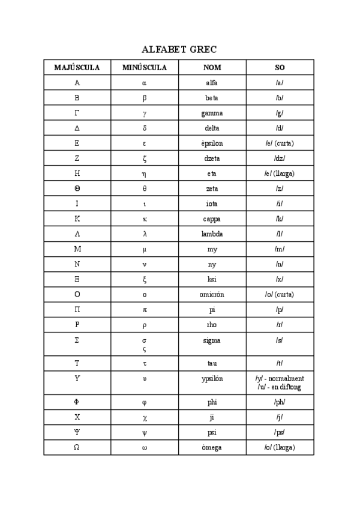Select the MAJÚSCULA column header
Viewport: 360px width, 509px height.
tap(77, 68)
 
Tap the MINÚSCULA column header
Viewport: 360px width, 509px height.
tap(145, 68)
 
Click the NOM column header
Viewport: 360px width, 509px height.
tap(212, 68)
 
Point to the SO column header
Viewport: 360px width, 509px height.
tap(280, 68)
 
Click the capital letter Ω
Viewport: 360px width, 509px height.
tap(77, 448)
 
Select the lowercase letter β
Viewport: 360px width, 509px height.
tap(145, 98)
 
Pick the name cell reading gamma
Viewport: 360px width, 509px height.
tap(212, 113)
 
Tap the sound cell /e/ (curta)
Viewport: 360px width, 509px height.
tap(280, 143)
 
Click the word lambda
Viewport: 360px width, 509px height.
tap(212, 234)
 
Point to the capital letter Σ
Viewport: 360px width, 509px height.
tap(77, 340)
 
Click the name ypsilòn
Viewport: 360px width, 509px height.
tap(212, 379)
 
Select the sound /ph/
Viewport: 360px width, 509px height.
tap(280, 402)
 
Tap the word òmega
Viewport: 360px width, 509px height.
tap(212, 448)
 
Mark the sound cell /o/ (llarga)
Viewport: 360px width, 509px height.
tap(280, 448)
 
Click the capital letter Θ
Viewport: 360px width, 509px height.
tap(77, 188)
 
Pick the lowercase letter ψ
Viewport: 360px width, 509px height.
tap(145, 433)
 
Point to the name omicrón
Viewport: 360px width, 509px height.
tap(212, 295)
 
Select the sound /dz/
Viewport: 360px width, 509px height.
tap(280, 158)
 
